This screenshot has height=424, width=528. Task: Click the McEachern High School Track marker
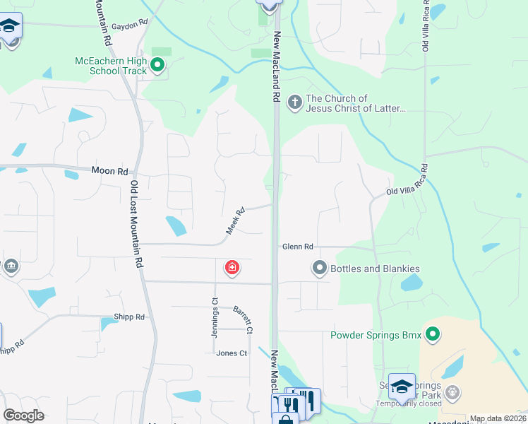tap(157, 66)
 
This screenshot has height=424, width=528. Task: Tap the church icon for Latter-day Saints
tap(294, 103)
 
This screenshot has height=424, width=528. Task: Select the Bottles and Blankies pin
tap(320, 268)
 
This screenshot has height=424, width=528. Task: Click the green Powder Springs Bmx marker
tap(433, 334)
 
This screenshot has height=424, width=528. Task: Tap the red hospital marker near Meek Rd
tap(232, 268)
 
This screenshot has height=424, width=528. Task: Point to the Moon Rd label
tap(110, 171)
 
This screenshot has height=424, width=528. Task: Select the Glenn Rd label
tap(297, 247)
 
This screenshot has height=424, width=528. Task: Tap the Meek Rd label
tap(235, 221)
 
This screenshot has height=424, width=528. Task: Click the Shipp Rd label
tap(129, 317)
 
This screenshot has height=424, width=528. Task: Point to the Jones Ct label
tap(232, 353)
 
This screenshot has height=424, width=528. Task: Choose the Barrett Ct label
tap(243, 319)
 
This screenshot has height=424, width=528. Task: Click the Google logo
tap(24, 416)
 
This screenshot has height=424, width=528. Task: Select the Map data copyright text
tap(498, 419)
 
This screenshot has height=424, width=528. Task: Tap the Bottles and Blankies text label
tap(375, 269)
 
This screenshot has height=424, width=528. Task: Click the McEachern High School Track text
tap(111, 66)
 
